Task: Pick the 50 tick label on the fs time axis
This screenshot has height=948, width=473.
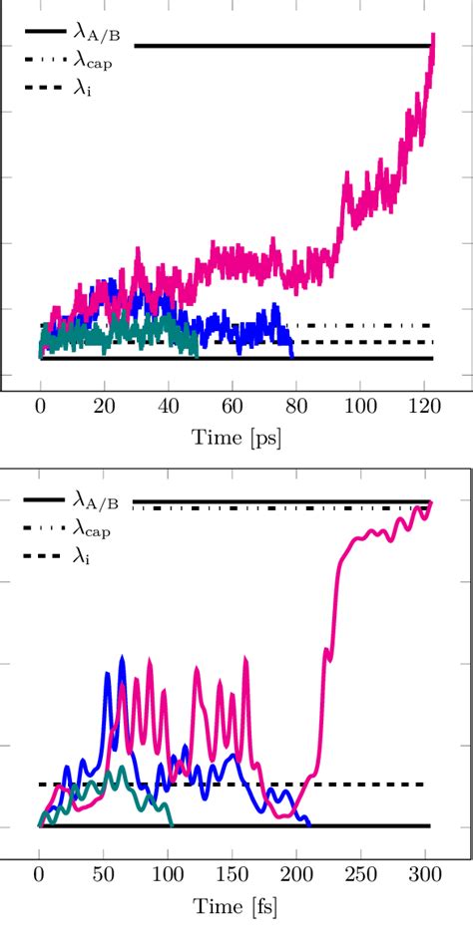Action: coord(103,879)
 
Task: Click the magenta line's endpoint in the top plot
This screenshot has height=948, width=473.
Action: coord(433,36)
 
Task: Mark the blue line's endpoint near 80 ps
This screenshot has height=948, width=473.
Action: coord(292,356)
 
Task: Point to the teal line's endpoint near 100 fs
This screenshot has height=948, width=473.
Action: coord(172,824)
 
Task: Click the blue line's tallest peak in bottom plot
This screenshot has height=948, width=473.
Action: coord(122,657)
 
